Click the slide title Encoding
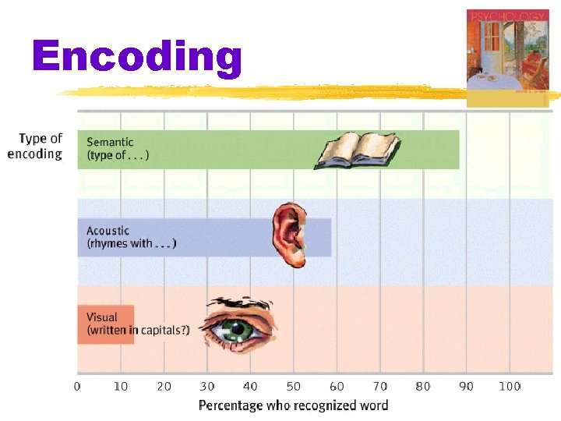[137, 58]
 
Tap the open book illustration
[357, 150]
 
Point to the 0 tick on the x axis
[77, 386]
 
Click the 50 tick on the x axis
[293, 386]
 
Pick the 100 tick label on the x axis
[509, 386]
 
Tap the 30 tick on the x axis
[206, 386]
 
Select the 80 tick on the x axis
[422, 386]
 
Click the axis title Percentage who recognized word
[293, 405]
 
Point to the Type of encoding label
[35, 146]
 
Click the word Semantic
[110, 142]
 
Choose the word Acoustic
[108, 231]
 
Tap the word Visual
[102, 317]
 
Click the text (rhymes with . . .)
[131, 243]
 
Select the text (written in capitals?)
[138, 330]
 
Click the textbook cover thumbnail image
[507, 56]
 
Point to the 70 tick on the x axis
[379, 386]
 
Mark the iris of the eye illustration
[247, 331]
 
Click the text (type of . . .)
[118, 154]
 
